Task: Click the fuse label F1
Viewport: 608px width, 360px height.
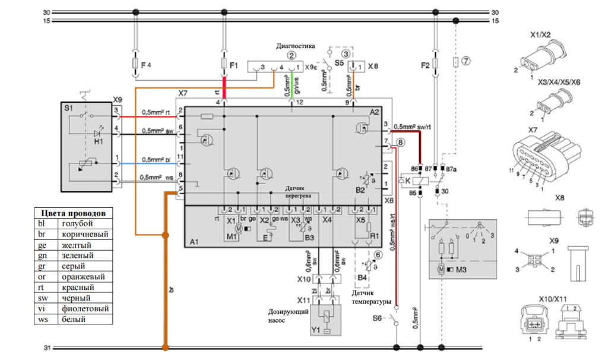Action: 233,64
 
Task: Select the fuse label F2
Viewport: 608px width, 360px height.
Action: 425,64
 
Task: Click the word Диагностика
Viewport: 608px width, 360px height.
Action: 295,46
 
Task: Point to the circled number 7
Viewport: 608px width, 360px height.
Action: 466,61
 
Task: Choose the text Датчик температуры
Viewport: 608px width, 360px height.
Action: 372,297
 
